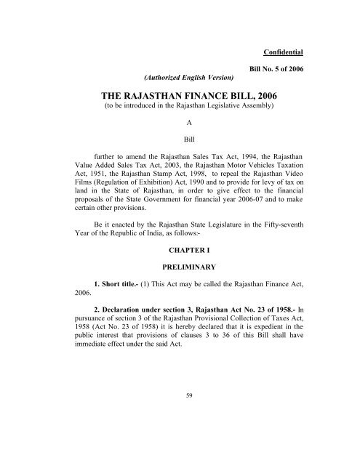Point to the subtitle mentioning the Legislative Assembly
tap(179, 108)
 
